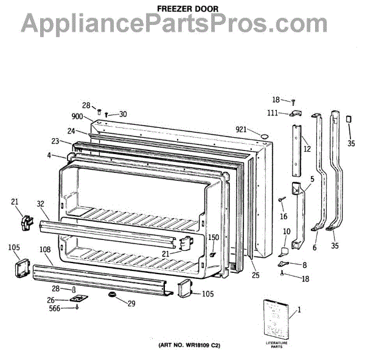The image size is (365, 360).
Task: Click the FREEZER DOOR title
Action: [x=182, y=9]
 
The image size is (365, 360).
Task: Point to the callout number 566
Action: [x=55, y=308]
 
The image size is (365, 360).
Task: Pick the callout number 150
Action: [x=214, y=238]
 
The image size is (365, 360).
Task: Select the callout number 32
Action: [x=41, y=205]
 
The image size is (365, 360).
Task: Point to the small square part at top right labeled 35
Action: [x=349, y=119]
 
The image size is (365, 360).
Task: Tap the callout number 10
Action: [x=287, y=231]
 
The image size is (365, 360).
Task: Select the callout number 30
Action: [x=123, y=114]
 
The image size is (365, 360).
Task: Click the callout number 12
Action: [x=307, y=148]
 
